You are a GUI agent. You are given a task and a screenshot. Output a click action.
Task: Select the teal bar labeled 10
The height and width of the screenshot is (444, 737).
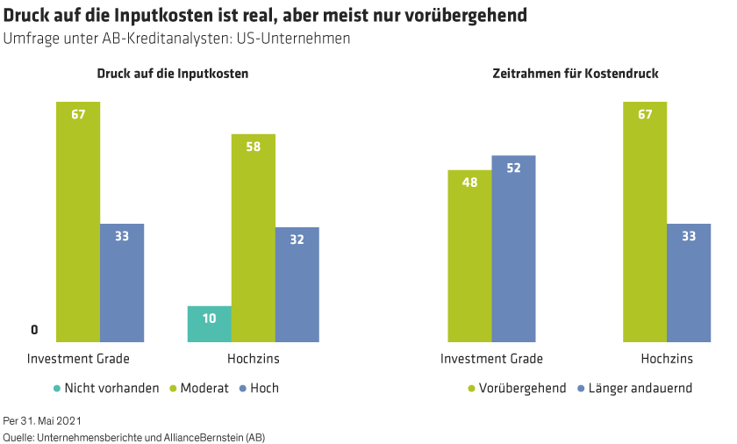pos(209,323)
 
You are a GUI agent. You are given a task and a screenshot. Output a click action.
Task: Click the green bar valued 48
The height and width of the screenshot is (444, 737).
pos(469,255)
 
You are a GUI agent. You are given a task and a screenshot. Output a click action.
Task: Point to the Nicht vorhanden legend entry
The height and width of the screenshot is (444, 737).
pos(106,388)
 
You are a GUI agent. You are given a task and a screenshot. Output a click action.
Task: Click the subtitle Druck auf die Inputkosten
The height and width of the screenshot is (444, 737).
pos(173,74)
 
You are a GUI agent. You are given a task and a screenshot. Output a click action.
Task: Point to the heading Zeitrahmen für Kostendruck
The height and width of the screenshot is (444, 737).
pos(576,74)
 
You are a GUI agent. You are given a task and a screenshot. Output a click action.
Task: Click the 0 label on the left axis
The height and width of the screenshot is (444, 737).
pos(35,331)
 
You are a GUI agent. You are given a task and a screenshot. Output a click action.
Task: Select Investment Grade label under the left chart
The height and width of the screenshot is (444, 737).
pos(78,359)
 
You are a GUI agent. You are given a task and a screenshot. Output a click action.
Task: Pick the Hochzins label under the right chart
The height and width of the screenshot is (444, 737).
pos(667,359)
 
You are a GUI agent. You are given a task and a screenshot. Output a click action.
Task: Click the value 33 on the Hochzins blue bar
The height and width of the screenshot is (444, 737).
pos(689,235)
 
